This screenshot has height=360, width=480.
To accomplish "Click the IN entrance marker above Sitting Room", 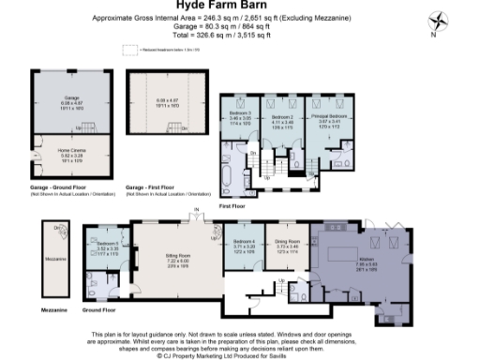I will click(x=196, y=209).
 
